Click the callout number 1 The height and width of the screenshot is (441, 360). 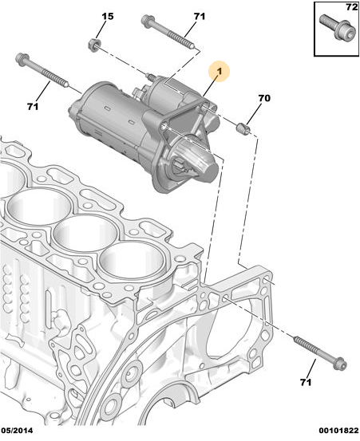(220, 71)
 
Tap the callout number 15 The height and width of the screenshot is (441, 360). (107, 16)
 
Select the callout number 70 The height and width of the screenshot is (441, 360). (264, 98)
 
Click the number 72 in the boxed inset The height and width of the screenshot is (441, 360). (351, 6)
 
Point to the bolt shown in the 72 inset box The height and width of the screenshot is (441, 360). (335, 27)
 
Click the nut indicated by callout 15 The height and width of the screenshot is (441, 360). (94, 45)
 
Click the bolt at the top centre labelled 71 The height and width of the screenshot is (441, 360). (168, 32)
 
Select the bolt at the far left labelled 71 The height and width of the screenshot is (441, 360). (42, 69)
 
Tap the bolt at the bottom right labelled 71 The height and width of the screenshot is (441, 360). (320, 351)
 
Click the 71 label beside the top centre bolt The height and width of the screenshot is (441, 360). (200, 16)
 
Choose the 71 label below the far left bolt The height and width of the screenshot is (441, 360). (33, 106)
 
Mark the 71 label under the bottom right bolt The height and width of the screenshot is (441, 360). (306, 382)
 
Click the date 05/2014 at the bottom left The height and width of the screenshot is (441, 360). (17, 431)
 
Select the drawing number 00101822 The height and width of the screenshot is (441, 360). (338, 431)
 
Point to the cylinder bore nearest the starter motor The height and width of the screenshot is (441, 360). (132, 261)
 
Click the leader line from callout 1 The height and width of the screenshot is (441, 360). (211, 85)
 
